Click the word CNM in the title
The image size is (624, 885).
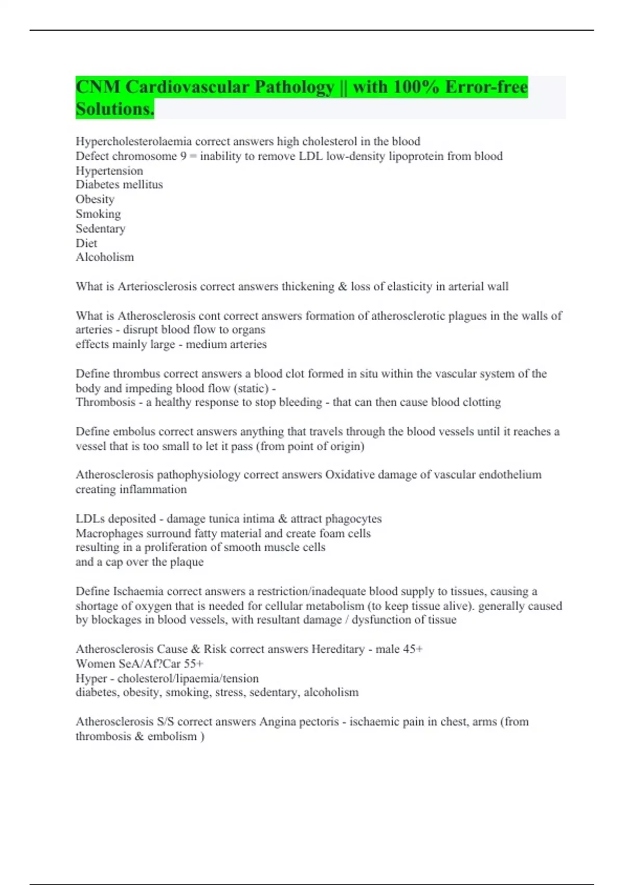(x=98, y=87)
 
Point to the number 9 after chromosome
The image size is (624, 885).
(x=184, y=156)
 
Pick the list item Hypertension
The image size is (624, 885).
(x=109, y=171)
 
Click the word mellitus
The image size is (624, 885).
(x=142, y=185)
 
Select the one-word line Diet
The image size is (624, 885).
(x=86, y=243)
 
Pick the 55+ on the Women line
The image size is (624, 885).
(x=193, y=664)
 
